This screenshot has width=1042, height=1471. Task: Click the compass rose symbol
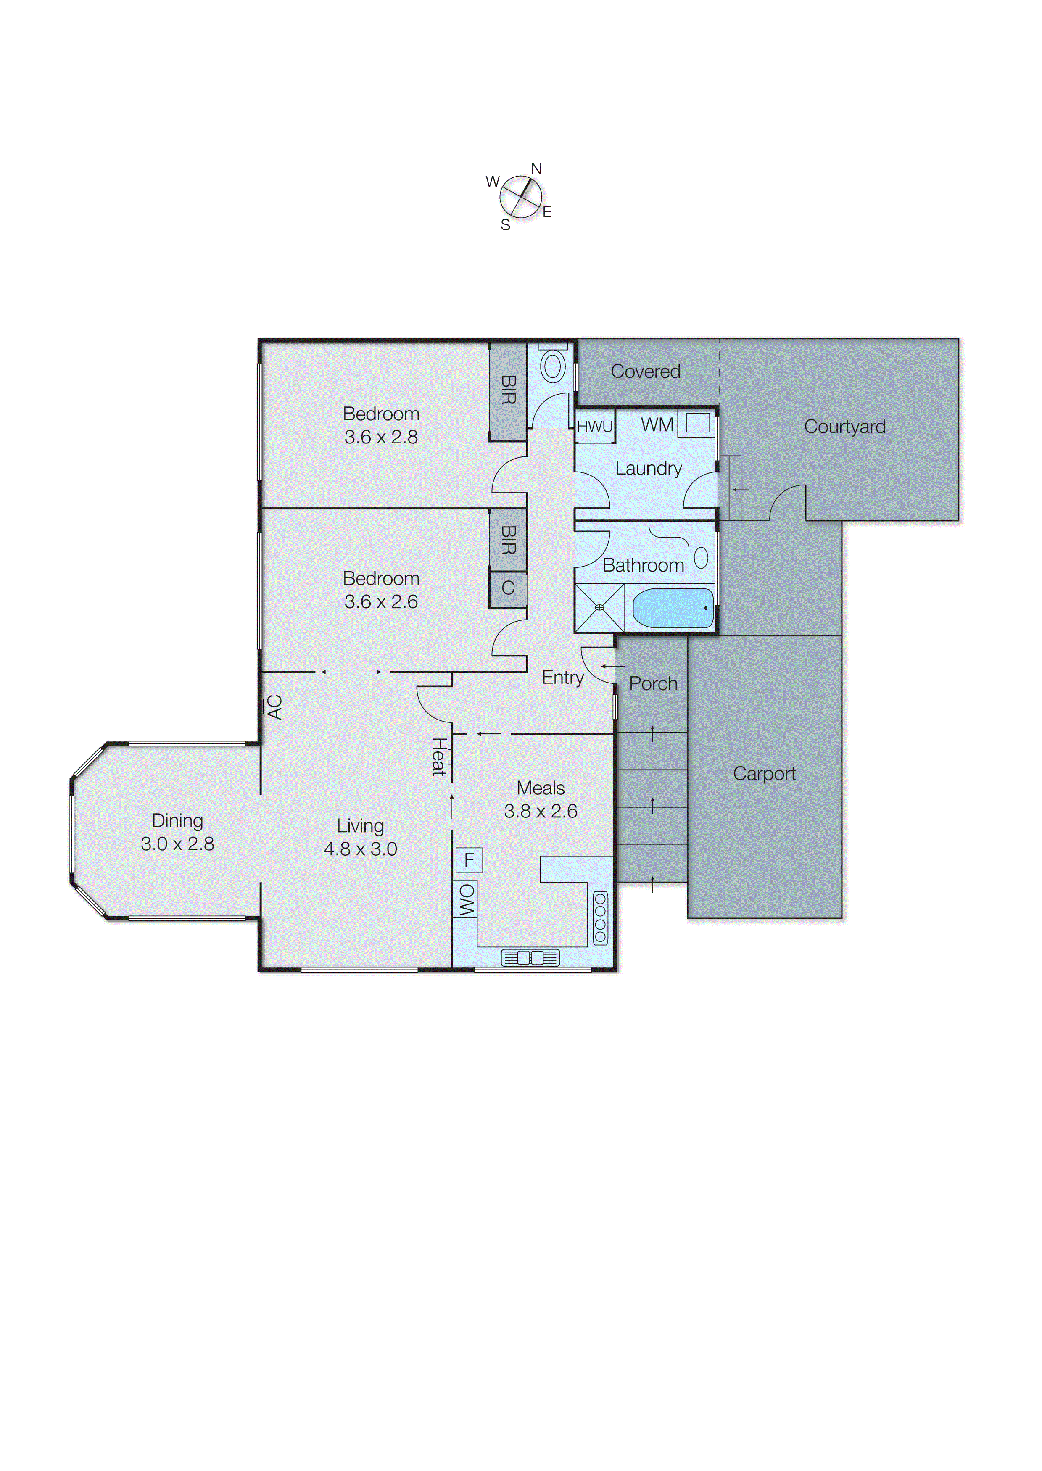tap(520, 196)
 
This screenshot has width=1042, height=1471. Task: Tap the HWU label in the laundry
tap(594, 427)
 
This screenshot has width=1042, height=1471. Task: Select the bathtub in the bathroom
tap(673, 608)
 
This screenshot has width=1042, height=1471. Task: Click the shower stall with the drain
tap(599, 607)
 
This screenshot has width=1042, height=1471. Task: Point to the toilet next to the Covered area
tap(552, 367)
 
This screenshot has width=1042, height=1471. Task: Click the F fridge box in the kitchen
tap(469, 859)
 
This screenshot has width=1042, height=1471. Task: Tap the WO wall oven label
tap(466, 899)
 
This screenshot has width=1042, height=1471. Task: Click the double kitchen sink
tap(530, 958)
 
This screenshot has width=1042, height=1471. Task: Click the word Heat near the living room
tap(438, 757)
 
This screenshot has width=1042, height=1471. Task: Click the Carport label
tap(764, 774)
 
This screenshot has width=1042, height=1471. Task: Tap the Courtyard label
tap(844, 427)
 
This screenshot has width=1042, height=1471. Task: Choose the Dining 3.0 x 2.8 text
tap(178, 832)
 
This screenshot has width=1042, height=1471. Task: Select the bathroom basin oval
tap(701, 557)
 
